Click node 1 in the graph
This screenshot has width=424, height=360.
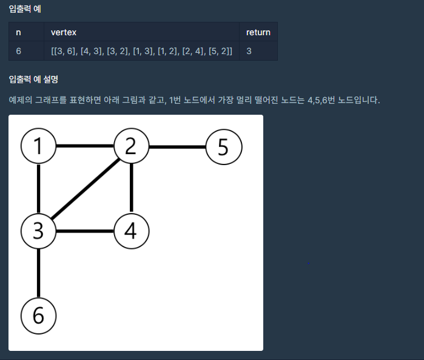pos(39,146)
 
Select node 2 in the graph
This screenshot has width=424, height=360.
pos(132,146)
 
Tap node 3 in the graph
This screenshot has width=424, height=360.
pos(39,231)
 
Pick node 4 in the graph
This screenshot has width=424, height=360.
pos(132,231)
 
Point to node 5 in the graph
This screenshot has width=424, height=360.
pos(224,146)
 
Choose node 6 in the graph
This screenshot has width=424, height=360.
pos(39,315)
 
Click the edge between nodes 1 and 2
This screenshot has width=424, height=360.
pos(85,146)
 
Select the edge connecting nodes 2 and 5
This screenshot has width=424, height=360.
pos(178,146)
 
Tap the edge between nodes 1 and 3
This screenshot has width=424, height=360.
pos(39,188)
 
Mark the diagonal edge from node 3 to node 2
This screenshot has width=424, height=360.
pos(85,189)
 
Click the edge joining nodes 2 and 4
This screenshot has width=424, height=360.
pos(132,188)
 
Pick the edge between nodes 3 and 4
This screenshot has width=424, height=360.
pos(85,231)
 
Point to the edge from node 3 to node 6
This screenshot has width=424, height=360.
pos(39,273)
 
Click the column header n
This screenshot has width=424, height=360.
pos(19,32)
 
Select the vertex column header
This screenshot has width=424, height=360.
pos(64,32)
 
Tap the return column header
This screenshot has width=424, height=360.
pos(258,32)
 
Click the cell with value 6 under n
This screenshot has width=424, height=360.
pos(19,51)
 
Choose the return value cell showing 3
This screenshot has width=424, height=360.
pos(249,51)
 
